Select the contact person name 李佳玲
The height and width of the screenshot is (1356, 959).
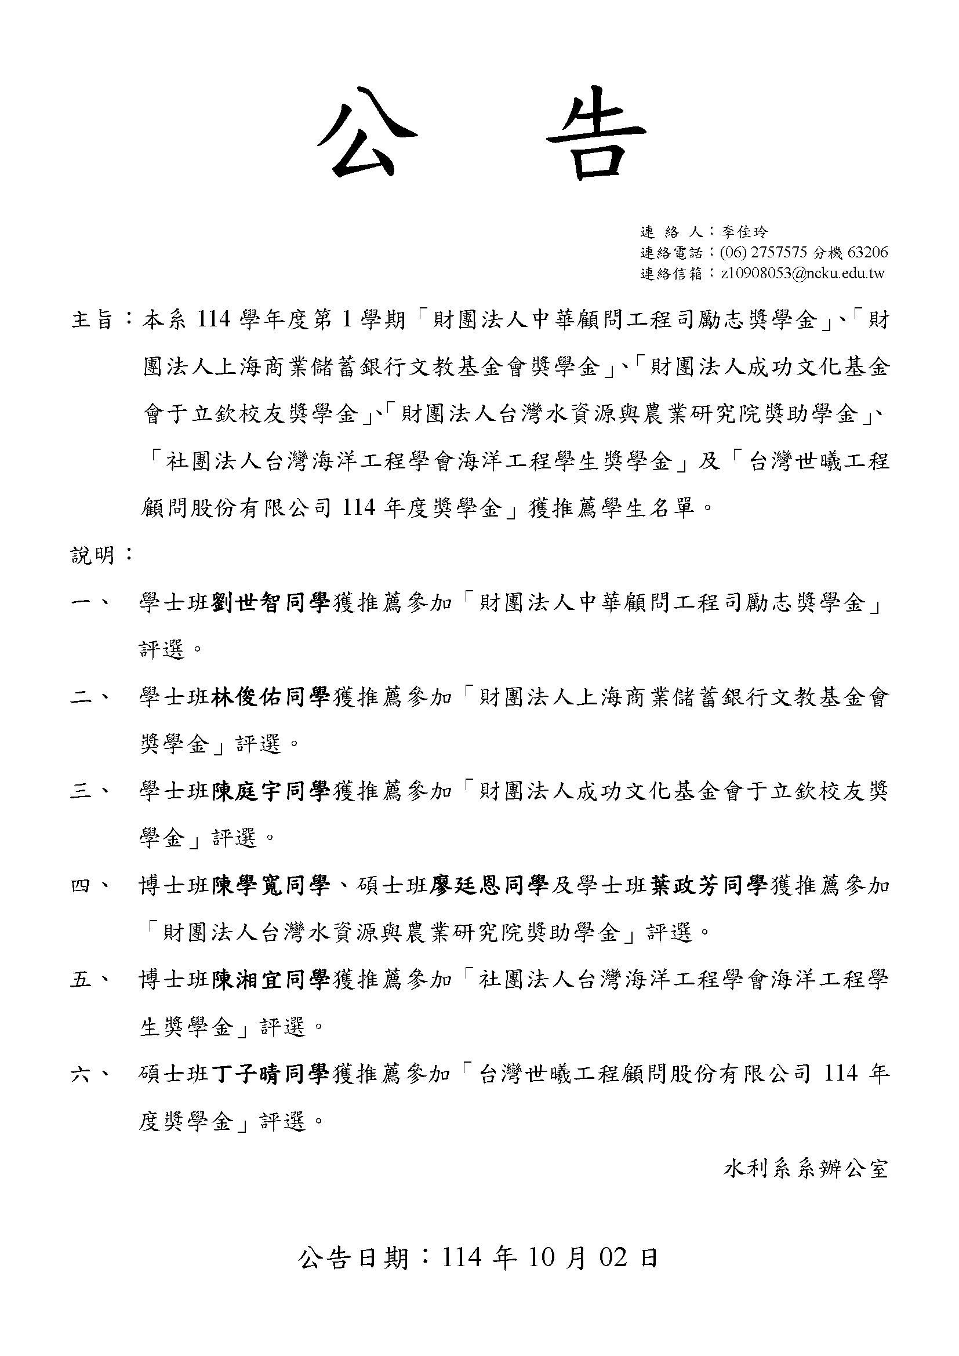(744, 232)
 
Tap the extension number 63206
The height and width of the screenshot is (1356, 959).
(867, 253)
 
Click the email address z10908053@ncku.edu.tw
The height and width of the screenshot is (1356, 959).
(802, 274)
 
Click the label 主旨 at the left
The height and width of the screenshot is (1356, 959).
(92, 320)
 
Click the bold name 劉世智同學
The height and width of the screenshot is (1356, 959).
(271, 603)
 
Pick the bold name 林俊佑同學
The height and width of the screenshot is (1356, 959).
(271, 697)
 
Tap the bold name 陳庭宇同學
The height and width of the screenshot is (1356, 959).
(271, 791)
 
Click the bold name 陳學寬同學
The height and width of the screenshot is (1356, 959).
(271, 886)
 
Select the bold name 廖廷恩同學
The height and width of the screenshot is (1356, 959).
(489, 886)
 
